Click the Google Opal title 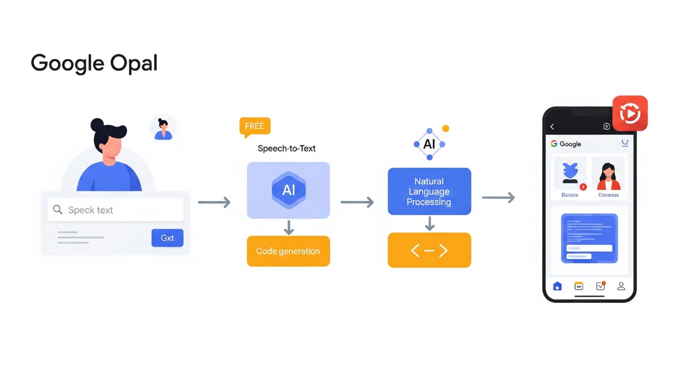[x=94, y=63]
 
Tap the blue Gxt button [x=167, y=238]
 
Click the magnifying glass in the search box [x=57, y=210]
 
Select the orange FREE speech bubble [x=254, y=126]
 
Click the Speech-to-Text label [x=287, y=148]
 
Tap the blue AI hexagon [x=288, y=190]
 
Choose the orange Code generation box [x=288, y=251]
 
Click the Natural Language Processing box [x=429, y=191]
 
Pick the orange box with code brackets [x=429, y=250]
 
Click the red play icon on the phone [x=630, y=113]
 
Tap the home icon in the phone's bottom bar [x=557, y=286]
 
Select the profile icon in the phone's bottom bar [x=621, y=286]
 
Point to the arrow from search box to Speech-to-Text [x=214, y=202]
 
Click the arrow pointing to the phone [x=498, y=198]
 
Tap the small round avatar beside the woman [x=163, y=128]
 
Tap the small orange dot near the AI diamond [x=446, y=129]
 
